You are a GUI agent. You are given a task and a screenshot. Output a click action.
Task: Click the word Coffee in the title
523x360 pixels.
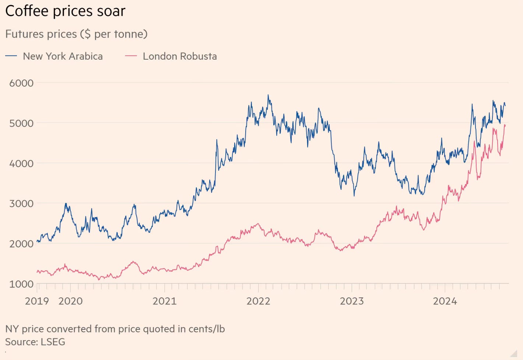pos(27,11)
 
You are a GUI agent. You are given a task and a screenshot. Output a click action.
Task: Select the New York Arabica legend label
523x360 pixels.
pos(63,56)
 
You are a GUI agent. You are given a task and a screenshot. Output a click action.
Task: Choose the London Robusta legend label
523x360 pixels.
pos(180,56)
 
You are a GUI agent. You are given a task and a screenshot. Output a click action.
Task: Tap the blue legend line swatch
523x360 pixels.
pos(11,56)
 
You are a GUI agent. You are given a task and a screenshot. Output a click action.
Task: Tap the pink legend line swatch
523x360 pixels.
pos(131,56)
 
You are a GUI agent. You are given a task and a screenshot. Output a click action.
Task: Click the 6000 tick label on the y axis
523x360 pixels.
pos(21,83)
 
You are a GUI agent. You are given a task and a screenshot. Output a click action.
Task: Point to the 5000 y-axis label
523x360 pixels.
pos(21,123)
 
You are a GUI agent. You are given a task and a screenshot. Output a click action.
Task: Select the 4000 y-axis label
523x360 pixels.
pos(21,163)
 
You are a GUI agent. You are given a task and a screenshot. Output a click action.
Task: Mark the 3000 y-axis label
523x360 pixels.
pos(21,204)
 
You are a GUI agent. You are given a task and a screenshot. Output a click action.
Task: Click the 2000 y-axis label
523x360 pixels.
pos(21,244)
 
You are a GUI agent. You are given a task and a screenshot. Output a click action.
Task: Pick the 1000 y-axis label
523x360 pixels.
pos(21,284)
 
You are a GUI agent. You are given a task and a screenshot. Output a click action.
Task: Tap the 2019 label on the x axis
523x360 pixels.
pos(37,301)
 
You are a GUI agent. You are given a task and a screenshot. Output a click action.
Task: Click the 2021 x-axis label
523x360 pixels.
pos(164,301)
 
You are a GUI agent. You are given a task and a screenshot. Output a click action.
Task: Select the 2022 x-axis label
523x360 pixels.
pos(258,301)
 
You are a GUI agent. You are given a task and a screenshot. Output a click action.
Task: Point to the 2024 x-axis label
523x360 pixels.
pos(445,301)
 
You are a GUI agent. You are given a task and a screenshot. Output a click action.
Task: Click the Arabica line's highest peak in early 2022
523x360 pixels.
pos(268,95)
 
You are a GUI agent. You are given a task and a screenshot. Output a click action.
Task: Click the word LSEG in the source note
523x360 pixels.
pos(53,342)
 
